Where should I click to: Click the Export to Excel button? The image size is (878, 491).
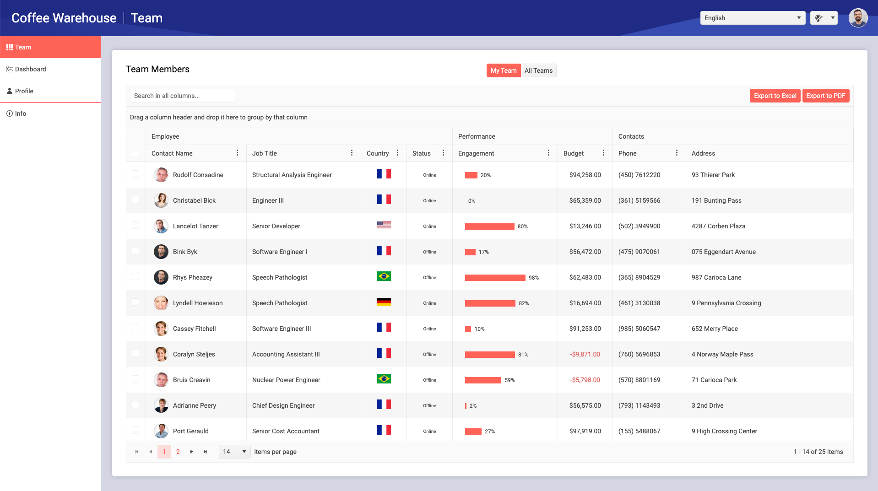click(775, 96)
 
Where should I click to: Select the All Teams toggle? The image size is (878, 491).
click(538, 70)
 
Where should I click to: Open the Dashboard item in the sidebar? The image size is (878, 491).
click(30, 69)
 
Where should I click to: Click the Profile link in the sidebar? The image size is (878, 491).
click(24, 91)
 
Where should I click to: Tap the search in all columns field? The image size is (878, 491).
click(182, 96)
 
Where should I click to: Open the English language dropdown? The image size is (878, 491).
click(752, 18)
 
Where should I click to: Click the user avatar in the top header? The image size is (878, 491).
click(857, 18)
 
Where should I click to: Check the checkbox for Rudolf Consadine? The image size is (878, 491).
click(135, 174)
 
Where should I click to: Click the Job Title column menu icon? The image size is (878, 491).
click(352, 153)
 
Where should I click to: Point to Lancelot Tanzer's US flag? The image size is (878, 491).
click(384, 225)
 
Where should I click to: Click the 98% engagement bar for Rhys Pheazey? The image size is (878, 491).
click(495, 278)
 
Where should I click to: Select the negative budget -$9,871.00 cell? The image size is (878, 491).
click(585, 354)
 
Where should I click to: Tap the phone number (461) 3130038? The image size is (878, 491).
click(639, 303)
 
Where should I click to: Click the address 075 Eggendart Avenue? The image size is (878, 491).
click(723, 252)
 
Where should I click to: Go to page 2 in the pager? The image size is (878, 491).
click(178, 452)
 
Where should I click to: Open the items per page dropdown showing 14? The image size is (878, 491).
click(234, 452)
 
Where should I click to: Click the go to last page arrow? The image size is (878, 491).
click(206, 452)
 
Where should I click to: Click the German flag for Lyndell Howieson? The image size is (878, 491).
click(384, 302)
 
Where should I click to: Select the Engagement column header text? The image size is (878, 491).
click(476, 153)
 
